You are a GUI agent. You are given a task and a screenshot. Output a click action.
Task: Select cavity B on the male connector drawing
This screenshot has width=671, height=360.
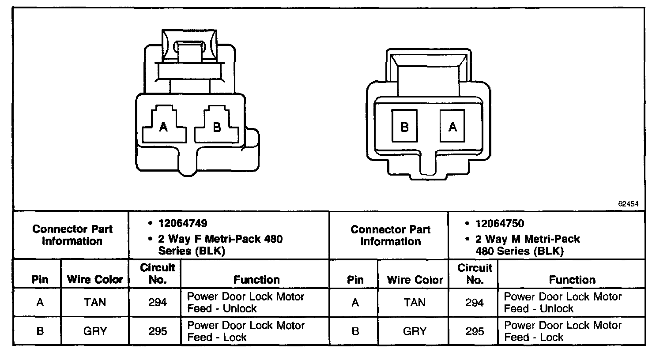pos(404,126)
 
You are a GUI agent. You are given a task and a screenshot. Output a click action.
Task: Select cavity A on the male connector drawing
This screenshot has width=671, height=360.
pos(452,126)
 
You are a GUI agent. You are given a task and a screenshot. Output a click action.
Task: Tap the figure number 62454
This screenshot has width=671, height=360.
pos(628,204)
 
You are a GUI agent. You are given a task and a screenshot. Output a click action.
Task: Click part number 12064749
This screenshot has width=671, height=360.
pos(183,223)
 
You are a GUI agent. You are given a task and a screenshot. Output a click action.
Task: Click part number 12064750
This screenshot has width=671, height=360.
pos(500,224)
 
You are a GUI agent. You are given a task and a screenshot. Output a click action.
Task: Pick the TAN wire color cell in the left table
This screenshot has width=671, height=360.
pos(95,302)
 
